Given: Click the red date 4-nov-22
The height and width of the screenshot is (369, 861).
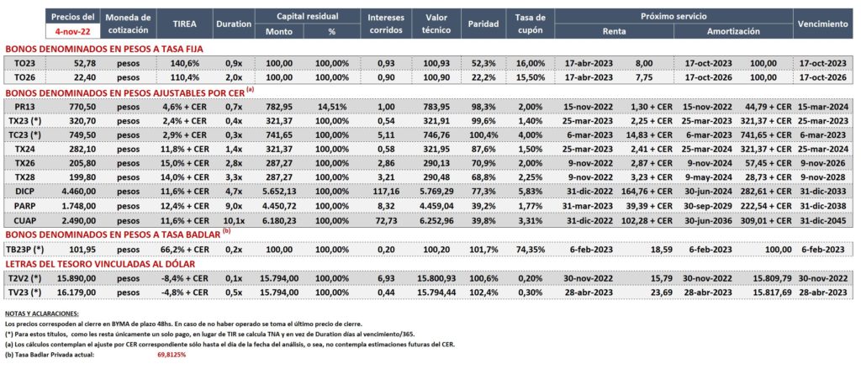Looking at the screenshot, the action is (73, 32).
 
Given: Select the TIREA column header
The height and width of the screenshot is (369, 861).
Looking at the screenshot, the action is (184, 24).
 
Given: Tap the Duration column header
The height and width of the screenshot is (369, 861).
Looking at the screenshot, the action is (234, 24).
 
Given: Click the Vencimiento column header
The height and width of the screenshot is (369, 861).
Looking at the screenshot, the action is (823, 24).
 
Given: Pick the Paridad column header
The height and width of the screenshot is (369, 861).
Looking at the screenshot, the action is (483, 24).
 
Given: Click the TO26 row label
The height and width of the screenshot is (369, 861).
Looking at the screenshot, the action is (26, 78).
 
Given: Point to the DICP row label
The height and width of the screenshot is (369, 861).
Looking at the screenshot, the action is (26, 192).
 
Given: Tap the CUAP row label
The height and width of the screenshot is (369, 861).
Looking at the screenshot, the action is (26, 220).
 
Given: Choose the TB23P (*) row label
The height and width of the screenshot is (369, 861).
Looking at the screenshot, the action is (25, 249).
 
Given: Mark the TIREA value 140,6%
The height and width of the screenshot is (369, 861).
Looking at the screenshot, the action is (184, 64).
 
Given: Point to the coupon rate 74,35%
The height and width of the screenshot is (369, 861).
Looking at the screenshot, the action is (531, 249).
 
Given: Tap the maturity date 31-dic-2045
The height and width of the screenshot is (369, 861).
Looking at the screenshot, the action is (823, 220).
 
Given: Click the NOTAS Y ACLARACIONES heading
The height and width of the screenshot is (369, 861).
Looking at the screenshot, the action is (41, 314).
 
